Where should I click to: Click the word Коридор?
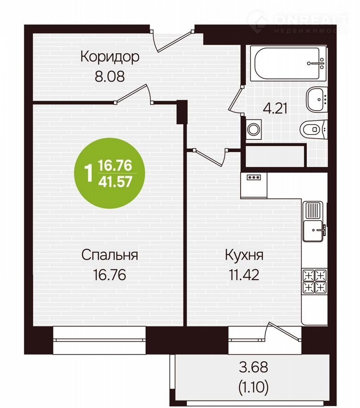pyautogui.click(x=110, y=56)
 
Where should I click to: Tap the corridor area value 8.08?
pyautogui.click(x=110, y=76)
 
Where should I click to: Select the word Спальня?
pyautogui.click(x=110, y=255)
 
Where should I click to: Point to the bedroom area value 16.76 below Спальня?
pyautogui.click(x=110, y=274)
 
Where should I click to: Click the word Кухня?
pyautogui.click(x=244, y=255)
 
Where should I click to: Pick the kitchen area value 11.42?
pyautogui.click(x=244, y=274)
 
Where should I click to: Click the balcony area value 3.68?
pyautogui.click(x=254, y=367)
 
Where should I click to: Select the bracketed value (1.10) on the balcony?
pyautogui.click(x=254, y=387)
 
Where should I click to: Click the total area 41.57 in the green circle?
pyautogui.click(x=115, y=182)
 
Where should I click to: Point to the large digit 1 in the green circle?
pyautogui.click(x=89, y=174)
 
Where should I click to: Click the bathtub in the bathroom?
pyautogui.click(x=288, y=63)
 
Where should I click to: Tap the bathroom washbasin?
pyautogui.click(x=316, y=99)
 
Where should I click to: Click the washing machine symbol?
pyautogui.click(x=253, y=129)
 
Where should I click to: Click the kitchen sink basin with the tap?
pyautogui.click(x=314, y=230)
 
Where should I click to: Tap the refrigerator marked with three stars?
pyautogui.click(x=254, y=185)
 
